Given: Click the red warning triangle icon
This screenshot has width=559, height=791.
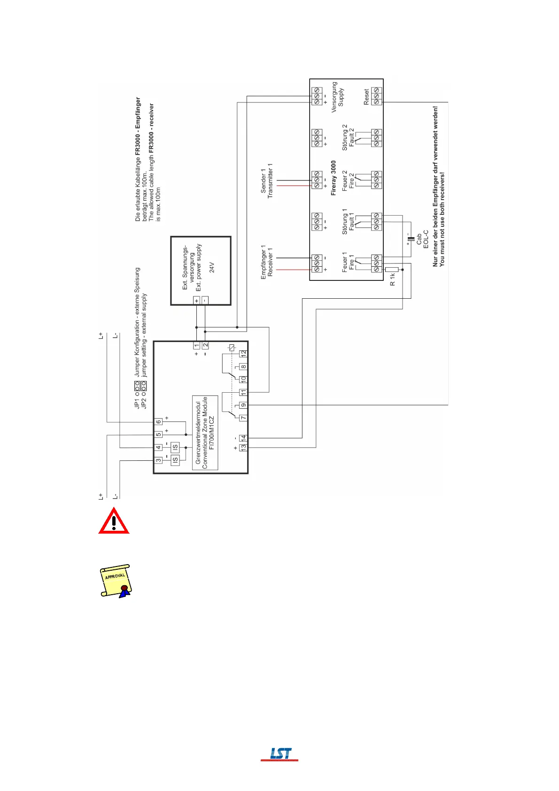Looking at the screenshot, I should click(114, 521).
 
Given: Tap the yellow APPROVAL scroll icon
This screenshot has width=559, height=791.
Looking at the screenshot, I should click(116, 581).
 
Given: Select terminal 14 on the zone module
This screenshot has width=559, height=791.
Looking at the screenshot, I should click(243, 438).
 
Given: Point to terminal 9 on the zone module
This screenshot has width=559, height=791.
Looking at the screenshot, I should click(243, 405).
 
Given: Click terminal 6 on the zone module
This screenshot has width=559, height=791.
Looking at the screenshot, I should click(159, 422).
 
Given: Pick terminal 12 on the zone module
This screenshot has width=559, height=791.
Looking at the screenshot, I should click(243, 353).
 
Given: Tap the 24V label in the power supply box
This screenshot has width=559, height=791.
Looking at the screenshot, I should click(212, 268).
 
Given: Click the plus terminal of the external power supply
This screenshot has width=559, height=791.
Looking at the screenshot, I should click(196, 301).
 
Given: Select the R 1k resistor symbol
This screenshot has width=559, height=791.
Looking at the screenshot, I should click(392, 270).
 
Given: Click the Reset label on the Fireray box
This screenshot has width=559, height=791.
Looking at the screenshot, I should click(366, 96).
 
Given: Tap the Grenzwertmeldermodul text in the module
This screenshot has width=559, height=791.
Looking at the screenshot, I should click(198, 432).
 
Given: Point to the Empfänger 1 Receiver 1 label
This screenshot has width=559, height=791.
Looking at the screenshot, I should click(266, 262).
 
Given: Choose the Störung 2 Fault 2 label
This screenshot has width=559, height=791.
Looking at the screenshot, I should click(348, 137).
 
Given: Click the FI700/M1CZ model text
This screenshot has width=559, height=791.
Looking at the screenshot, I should click(212, 432).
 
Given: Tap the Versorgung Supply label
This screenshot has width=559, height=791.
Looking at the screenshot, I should click(337, 97).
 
